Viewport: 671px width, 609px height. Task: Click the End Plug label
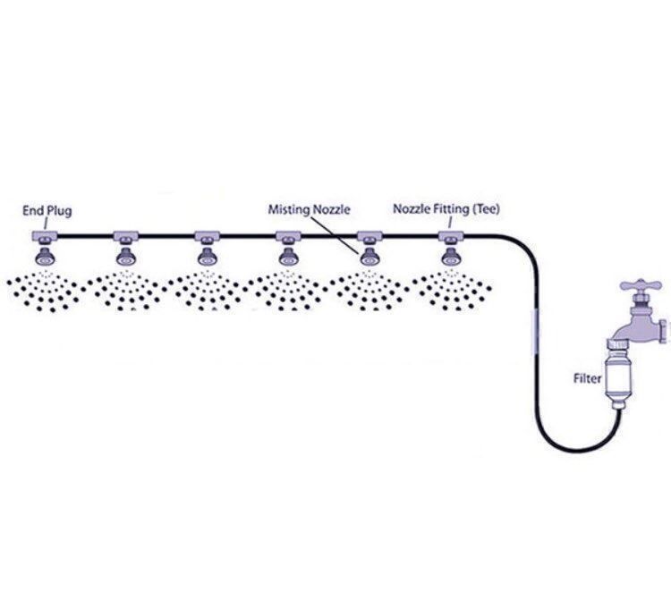tap(47, 211)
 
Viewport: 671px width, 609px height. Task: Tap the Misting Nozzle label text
tap(309, 209)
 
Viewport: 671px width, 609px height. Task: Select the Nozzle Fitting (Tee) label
tap(446, 209)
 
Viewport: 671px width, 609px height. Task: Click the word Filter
tap(588, 378)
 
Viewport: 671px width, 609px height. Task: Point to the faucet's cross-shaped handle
tap(641, 285)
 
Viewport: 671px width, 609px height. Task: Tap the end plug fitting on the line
tap(45, 235)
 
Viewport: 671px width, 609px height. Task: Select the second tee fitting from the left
tap(126, 235)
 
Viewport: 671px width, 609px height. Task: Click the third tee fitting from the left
tap(208, 235)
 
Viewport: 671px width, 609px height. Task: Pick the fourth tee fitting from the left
tap(288, 235)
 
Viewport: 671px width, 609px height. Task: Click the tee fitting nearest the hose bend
tap(451, 235)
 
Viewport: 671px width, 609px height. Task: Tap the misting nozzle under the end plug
tap(45, 256)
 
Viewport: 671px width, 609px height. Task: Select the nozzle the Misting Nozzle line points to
tap(369, 256)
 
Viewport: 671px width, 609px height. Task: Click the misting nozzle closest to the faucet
tap(451, 256)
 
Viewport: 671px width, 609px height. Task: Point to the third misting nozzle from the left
tap(208, 256)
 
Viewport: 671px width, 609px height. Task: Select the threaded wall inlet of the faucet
tap(664, 331)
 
